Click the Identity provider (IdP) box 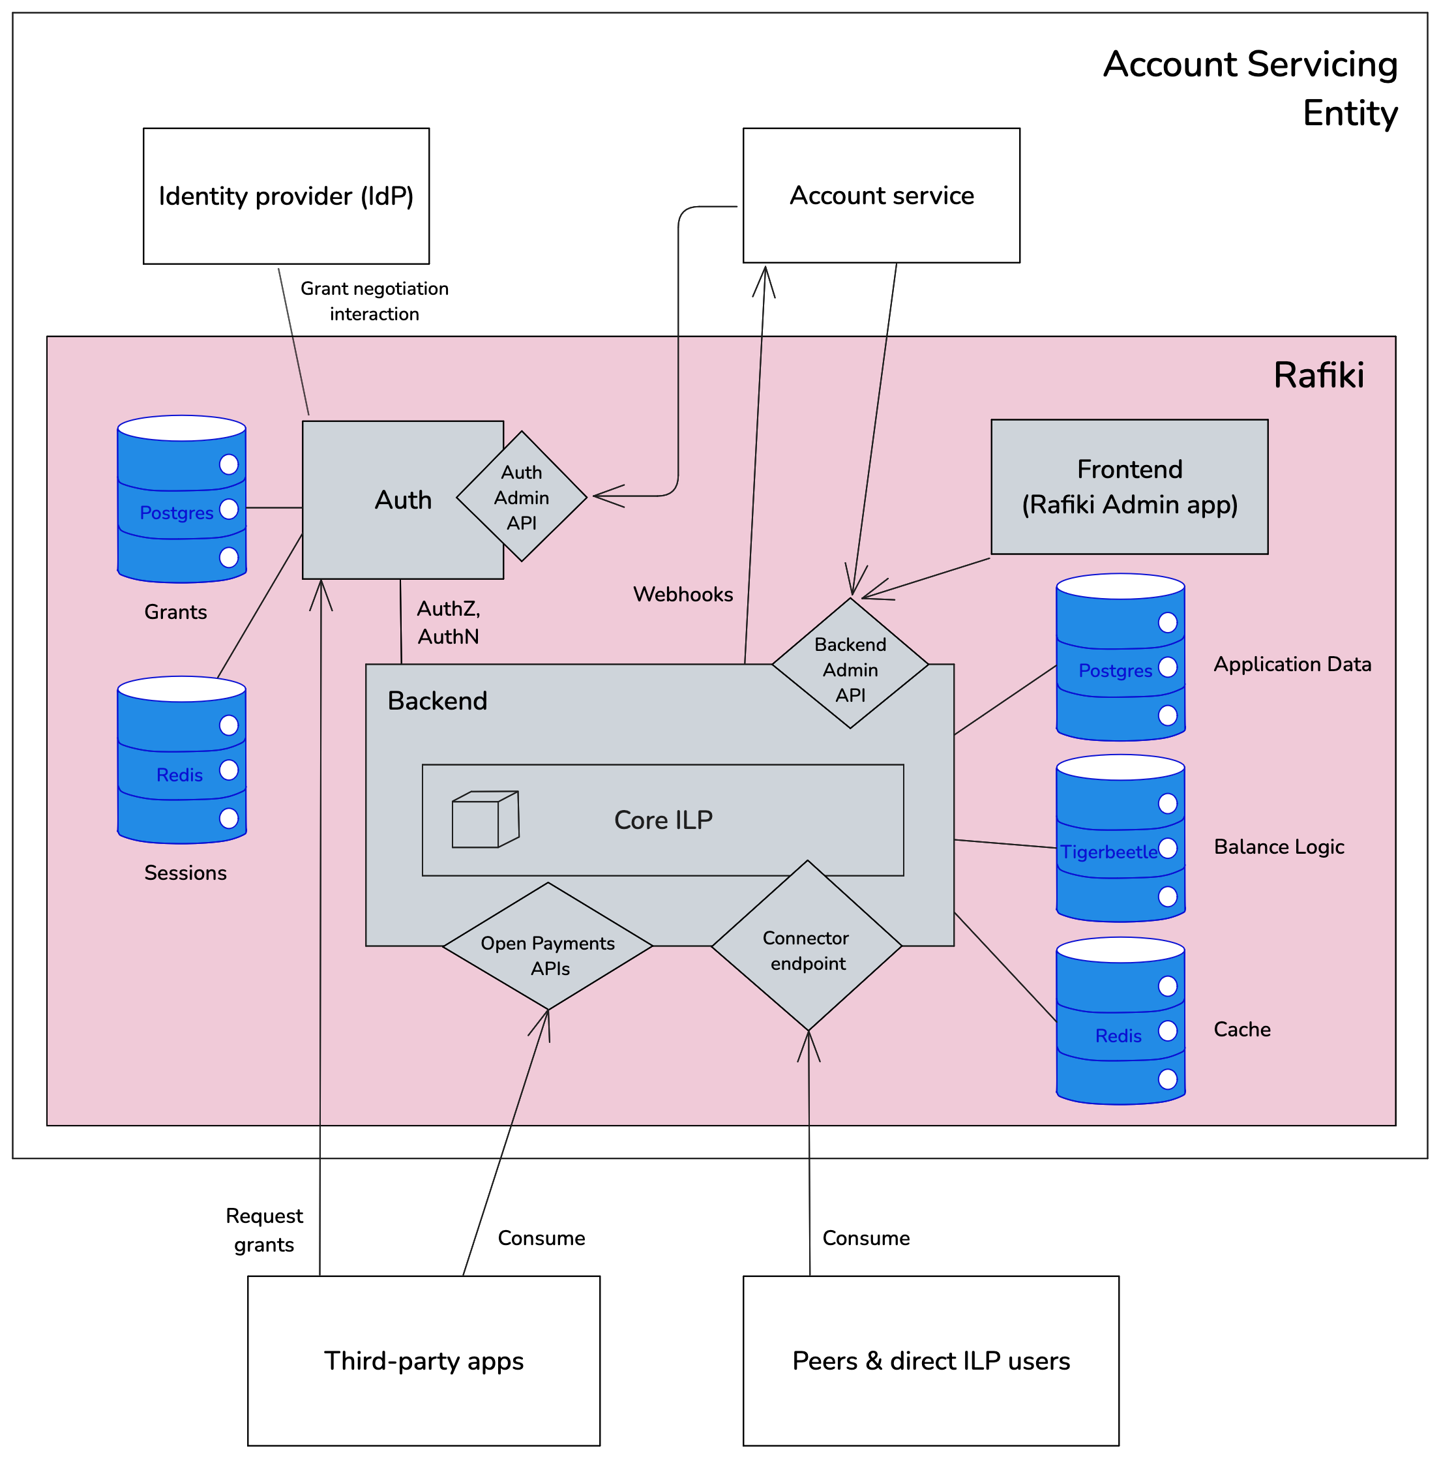point(286,196)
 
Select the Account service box point(881,196)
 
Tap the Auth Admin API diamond point(522,497)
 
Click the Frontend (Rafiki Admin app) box point(1129,487)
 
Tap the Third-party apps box point(423,1360)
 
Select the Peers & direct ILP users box point(930,1360)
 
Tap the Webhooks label point(683,594)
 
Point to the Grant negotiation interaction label point(374,301)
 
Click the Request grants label point(263,1229)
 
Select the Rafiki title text point(1318,375)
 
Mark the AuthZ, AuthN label point(449,622)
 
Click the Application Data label point(1292,664)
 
